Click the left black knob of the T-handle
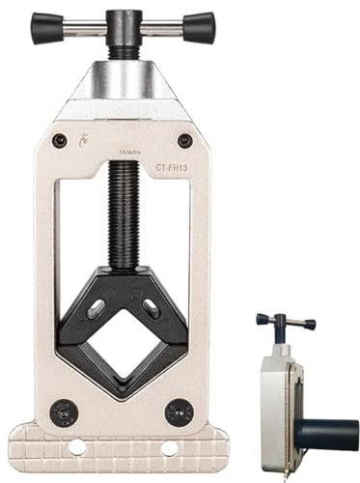tap(47, 27)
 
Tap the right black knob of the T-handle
tap(199, 27)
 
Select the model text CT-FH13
tap(174, 167)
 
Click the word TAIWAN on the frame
tap(129, 153)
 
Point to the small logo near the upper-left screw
tap(82, 140)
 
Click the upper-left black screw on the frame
tap(60, 140)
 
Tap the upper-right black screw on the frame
tap(185, 140)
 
